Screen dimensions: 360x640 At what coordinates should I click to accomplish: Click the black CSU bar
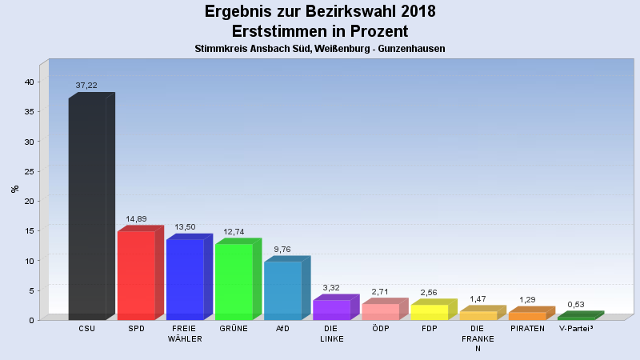pyautogui.click(x=87, y=208)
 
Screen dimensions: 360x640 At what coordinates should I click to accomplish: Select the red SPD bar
pyautogui.click(x=136, y=275)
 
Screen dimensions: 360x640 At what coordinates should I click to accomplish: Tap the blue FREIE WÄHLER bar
pyautogui.click(x=185, y=279)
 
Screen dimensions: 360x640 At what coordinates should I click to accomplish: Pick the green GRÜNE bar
pyautogui.click(x=234, y=282)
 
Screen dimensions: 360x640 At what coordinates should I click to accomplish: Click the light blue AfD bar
pyautogui.click(x=282, y=290)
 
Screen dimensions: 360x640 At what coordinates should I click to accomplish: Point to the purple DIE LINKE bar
pyautogui.click(x=331, y=310)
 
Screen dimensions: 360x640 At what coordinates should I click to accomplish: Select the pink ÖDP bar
pyautogui.click(x=380, y=311)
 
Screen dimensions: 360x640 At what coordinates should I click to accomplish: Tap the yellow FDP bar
pyautogui.click(x=429, y=312)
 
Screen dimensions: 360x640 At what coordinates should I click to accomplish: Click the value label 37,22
pyautogui.click(x=86, y=86)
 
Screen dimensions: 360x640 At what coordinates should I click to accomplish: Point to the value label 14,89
pyautogui.click(x=136, y=219)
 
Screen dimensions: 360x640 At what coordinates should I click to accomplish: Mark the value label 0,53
pyautogui.click(x=576, y=305)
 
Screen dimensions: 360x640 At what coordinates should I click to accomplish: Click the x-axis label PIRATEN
pyautogui.click(x=527, y=329)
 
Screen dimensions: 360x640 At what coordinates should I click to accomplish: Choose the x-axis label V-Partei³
pyautogui.click(x=576, y=329)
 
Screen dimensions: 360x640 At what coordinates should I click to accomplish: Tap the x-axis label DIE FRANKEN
pyautogui.click(x=478, y=338)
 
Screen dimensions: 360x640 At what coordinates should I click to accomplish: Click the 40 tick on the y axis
pyautogui.click(x=29, y=82)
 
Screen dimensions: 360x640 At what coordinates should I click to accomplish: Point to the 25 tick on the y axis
pyautogui.click(x=29, y=171)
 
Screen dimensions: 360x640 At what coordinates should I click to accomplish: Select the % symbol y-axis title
pyautogui.click(x=14, y=189)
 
